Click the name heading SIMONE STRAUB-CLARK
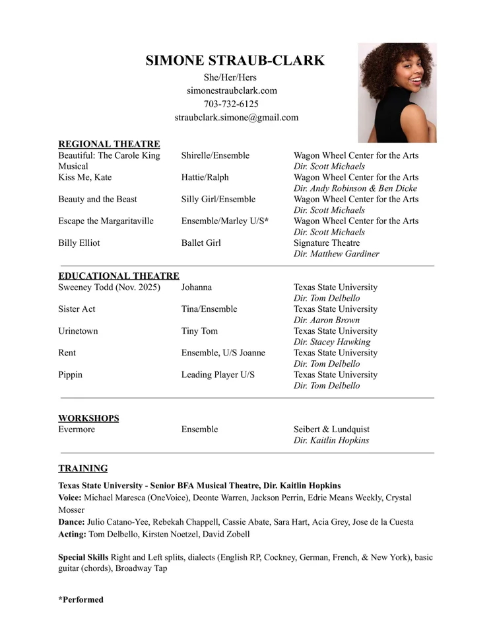pos(235,61)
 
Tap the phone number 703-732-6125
pos(231,104)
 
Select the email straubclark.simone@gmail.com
pos(236,118)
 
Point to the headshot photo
pos(397,93)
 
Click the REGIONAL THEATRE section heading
pos(109,144)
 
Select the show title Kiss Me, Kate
pos(85,177)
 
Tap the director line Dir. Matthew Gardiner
pos(337,254)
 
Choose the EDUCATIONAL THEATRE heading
pos(119,276)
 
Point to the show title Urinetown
pos(78,331)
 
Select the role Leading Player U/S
pos(218,375)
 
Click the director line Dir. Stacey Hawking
pos(332,342)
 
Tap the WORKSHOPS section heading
pos(88,418)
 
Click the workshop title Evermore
pos(77,430)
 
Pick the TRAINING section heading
pos(83,469)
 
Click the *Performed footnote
pos(81,599)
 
